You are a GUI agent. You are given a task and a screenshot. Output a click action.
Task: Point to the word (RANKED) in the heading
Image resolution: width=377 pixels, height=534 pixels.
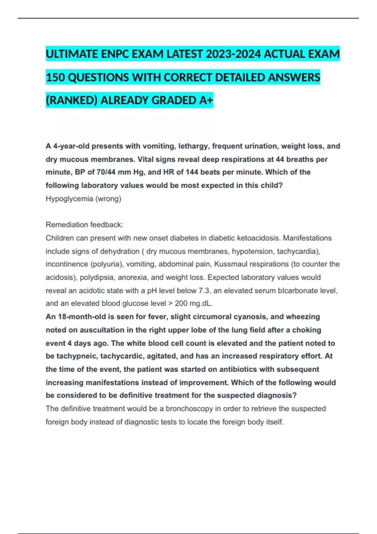(x=72, y=100)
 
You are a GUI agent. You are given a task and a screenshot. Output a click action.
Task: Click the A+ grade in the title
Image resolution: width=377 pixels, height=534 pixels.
(x=206, y=100)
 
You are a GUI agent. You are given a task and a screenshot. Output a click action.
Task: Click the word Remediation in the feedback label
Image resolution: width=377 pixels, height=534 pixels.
(x=67, y=225)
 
